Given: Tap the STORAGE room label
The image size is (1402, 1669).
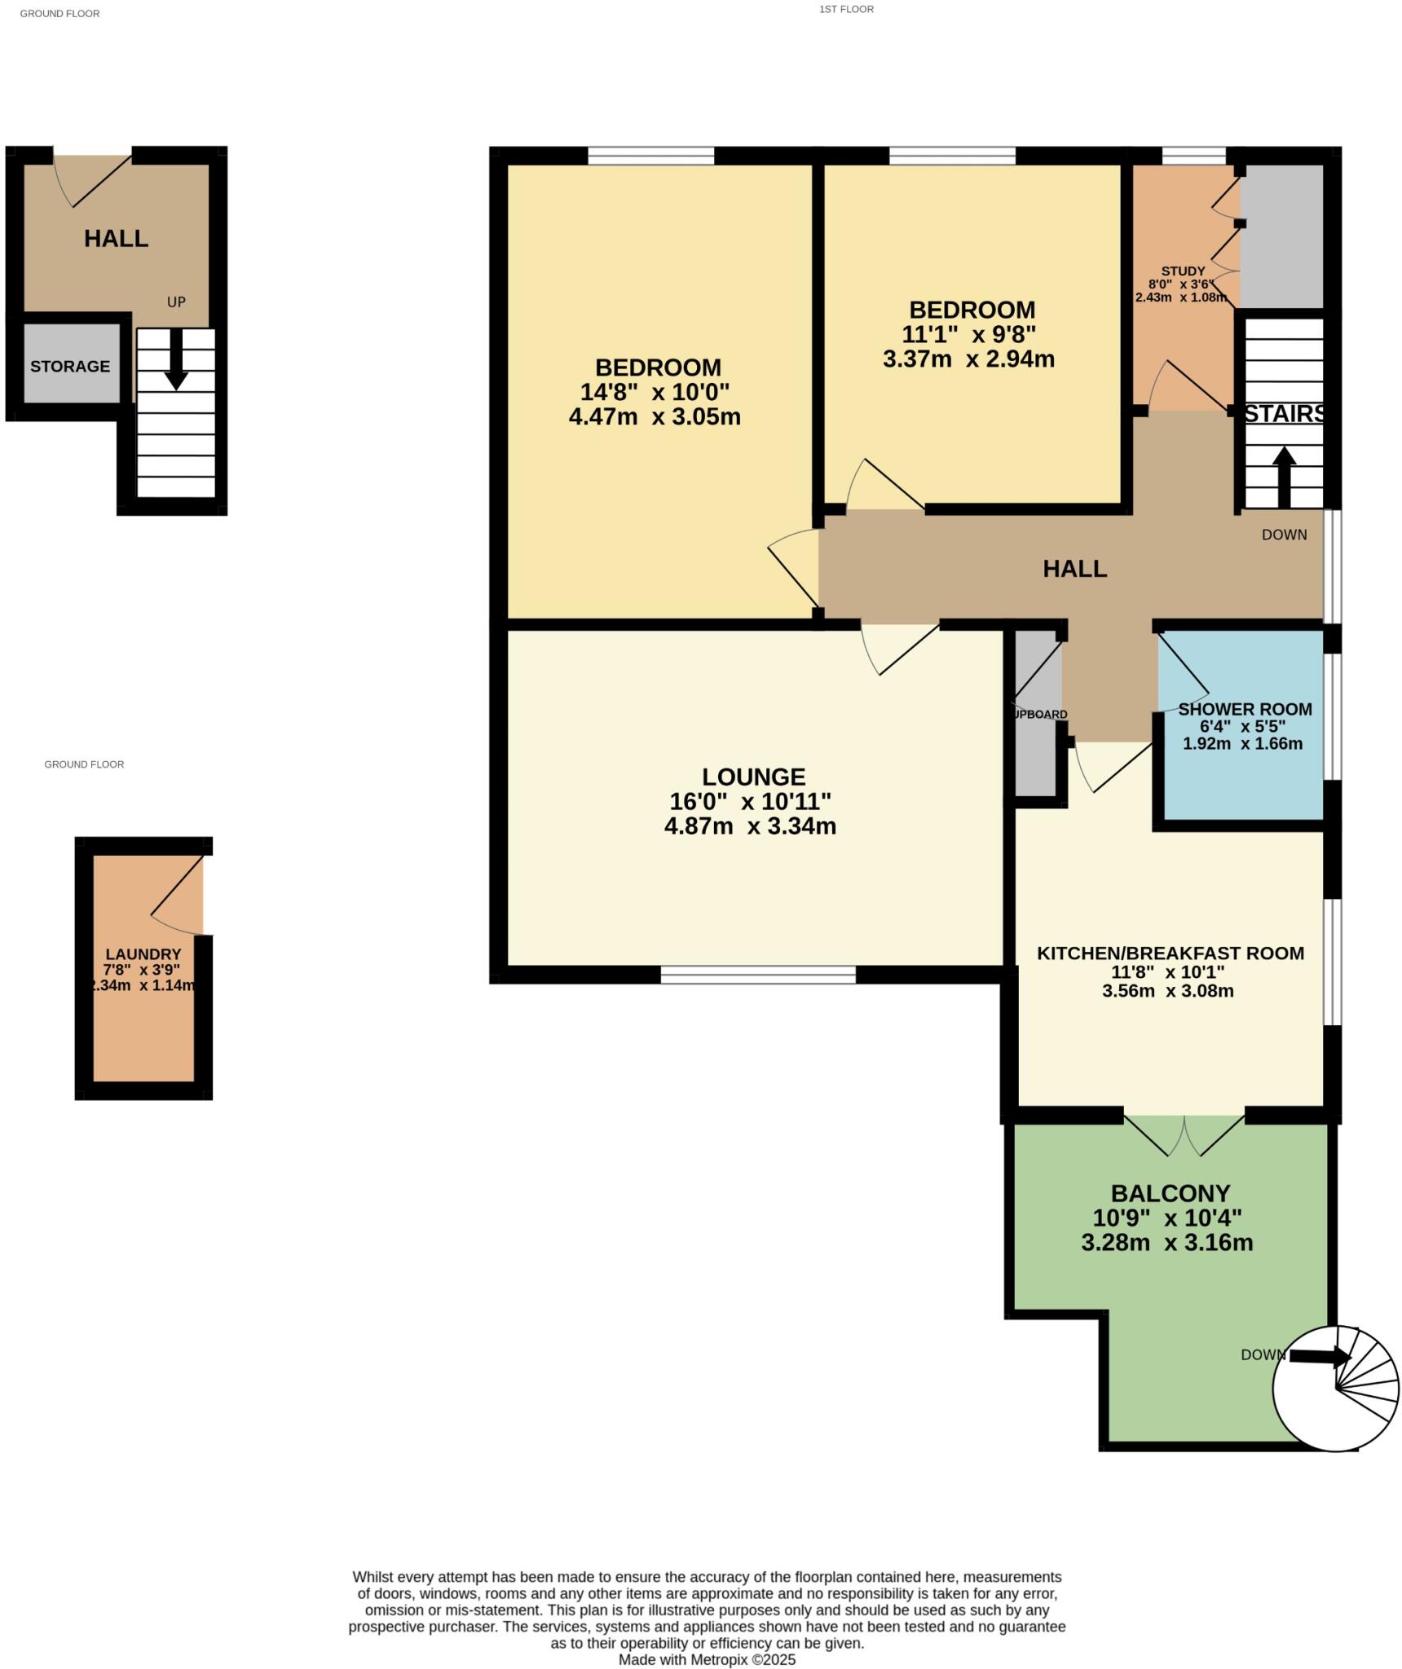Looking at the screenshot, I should [70, 366].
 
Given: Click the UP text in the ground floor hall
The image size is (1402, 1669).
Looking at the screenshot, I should [176, 302].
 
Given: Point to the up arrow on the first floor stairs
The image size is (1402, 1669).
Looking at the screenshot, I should [1284, 477].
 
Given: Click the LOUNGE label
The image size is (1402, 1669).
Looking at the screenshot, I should [753, 776].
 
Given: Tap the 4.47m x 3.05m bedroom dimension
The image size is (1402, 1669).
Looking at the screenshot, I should [655, 416].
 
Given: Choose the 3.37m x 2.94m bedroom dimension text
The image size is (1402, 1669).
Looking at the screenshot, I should [968, 359].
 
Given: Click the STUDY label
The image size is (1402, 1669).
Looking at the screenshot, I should [1183, 271].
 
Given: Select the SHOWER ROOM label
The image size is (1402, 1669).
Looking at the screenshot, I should [1245, 709].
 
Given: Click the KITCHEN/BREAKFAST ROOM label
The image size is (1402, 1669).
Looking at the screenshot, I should [1170, 953].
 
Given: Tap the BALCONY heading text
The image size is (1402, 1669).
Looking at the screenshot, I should [1170, 1193].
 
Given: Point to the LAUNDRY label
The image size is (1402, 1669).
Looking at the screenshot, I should [143, 953].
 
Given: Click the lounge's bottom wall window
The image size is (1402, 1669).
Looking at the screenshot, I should [758, 974].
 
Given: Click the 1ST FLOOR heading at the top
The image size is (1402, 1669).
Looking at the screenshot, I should [846, 9].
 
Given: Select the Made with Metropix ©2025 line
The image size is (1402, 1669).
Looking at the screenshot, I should [707, 1659].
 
